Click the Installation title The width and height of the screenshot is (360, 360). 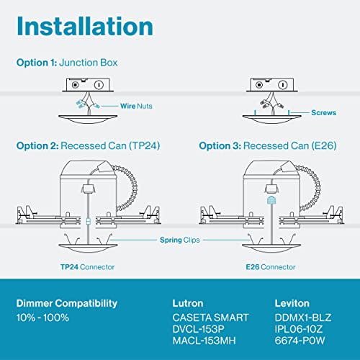(x=85, y=27)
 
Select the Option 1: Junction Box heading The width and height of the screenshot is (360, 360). (x=68, y=63)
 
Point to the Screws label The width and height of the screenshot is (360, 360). (x=324, y=113)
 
